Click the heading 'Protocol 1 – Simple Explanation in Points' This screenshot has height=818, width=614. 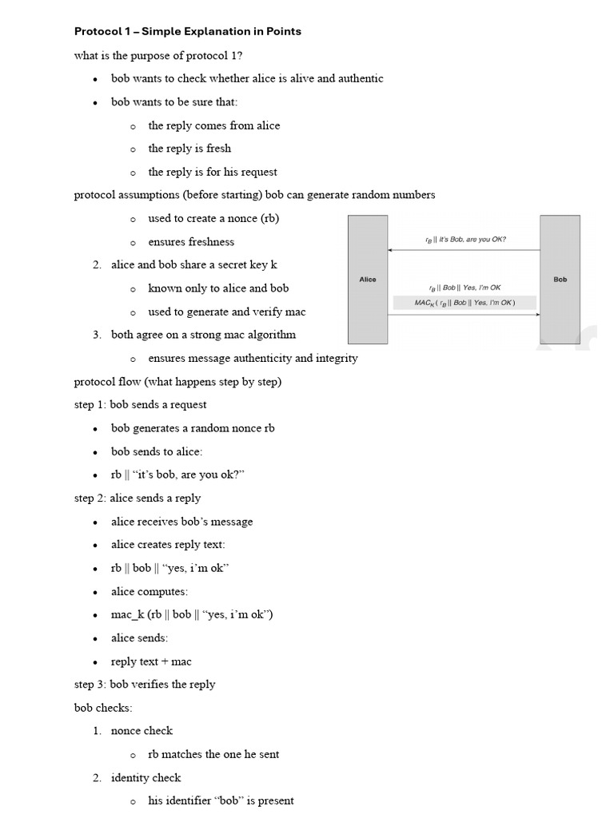[x=187, y=31]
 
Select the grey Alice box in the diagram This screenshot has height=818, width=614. [x=368, y=279]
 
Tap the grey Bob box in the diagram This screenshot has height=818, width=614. [x=560, y=279]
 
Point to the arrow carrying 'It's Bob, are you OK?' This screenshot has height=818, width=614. [x=464, y=250]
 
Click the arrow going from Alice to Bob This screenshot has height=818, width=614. [x=464, y=316]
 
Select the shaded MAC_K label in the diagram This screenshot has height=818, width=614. [x=464, y=303]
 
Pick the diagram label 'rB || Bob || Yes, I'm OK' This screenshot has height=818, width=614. [x=464, y=288]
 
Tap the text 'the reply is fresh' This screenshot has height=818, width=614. [x=189, y=149]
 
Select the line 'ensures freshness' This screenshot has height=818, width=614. [x=191, y=242]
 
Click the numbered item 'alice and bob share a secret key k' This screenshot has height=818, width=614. [x=194, y=264]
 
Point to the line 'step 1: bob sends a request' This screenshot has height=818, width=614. [x=141, y=405]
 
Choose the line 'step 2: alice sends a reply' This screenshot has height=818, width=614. [x=138, y=498]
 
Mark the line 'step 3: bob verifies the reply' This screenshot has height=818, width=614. [x=145, y=685]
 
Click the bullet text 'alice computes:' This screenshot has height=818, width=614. [x=150, y=592]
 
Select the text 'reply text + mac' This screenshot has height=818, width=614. [x=151, y=661]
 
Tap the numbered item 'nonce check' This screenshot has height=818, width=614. [x=142, y=731]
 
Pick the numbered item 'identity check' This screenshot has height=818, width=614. [x=146, y=778]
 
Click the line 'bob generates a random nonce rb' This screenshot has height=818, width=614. [x=193, y=428]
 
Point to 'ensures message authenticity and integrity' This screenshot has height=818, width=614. [x=253, y=359]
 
